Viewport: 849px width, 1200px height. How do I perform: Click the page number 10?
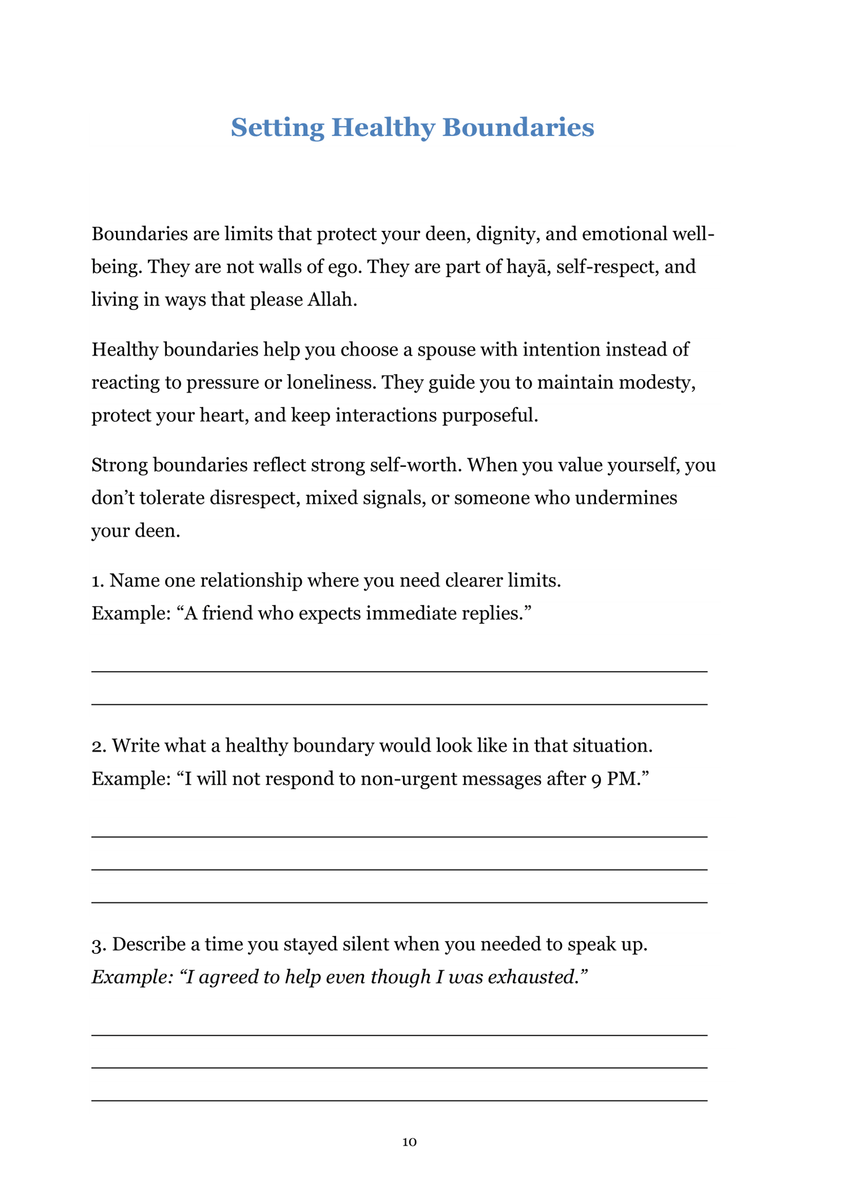click(409, 1142)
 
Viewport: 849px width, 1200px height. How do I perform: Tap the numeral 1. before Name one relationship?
click(98, 581)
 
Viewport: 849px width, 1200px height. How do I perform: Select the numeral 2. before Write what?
click(99, 746)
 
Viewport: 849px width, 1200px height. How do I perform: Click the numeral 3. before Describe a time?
click(99, 944)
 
